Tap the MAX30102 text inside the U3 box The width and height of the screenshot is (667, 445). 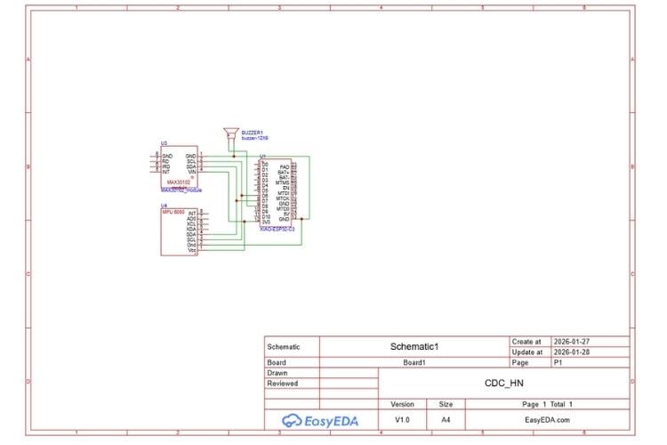tap(179, 182)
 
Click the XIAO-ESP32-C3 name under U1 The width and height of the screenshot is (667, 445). tap(277, 228)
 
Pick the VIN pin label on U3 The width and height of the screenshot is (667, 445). tap(191, 171)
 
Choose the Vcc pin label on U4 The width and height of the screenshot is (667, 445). tap(192, 250)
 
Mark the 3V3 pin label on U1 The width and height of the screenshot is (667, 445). tap(266, 222)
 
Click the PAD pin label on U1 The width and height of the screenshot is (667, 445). tap(284, 166)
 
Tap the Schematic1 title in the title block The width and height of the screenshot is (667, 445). tap(415, 346)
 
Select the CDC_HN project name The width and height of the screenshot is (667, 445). tap(504, 384)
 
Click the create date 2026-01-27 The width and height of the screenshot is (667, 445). tap(572, 341)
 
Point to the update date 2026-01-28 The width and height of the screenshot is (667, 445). tap(572, 352)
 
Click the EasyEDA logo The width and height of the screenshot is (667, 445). tap(322, 420)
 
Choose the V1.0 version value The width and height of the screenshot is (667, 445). tap(403, 420)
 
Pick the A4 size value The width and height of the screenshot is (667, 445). tap(446, 420)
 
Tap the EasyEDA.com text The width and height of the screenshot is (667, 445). tap(546, 420)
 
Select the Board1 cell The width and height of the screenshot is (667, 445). tap(415, 362)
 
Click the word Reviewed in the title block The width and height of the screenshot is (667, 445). tap(283, 384)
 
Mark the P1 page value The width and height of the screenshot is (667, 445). tap(559, 362)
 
